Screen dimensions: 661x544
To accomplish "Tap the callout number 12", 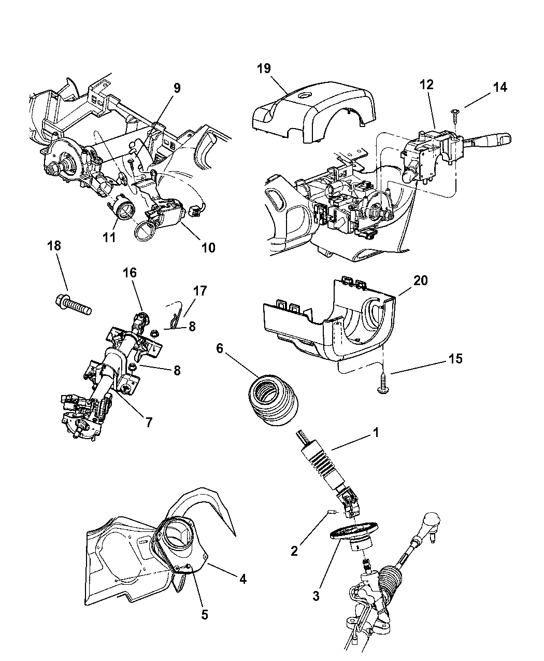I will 427,85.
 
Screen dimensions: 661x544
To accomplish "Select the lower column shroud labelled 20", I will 332,321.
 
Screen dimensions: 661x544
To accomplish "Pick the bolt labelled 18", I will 73,304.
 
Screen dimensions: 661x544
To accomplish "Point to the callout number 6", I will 220,348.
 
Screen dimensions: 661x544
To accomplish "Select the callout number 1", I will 376,432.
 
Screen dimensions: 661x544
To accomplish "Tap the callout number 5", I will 205,615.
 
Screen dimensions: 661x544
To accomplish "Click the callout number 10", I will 208,248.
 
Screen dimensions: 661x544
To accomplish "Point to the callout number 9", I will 177,88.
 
